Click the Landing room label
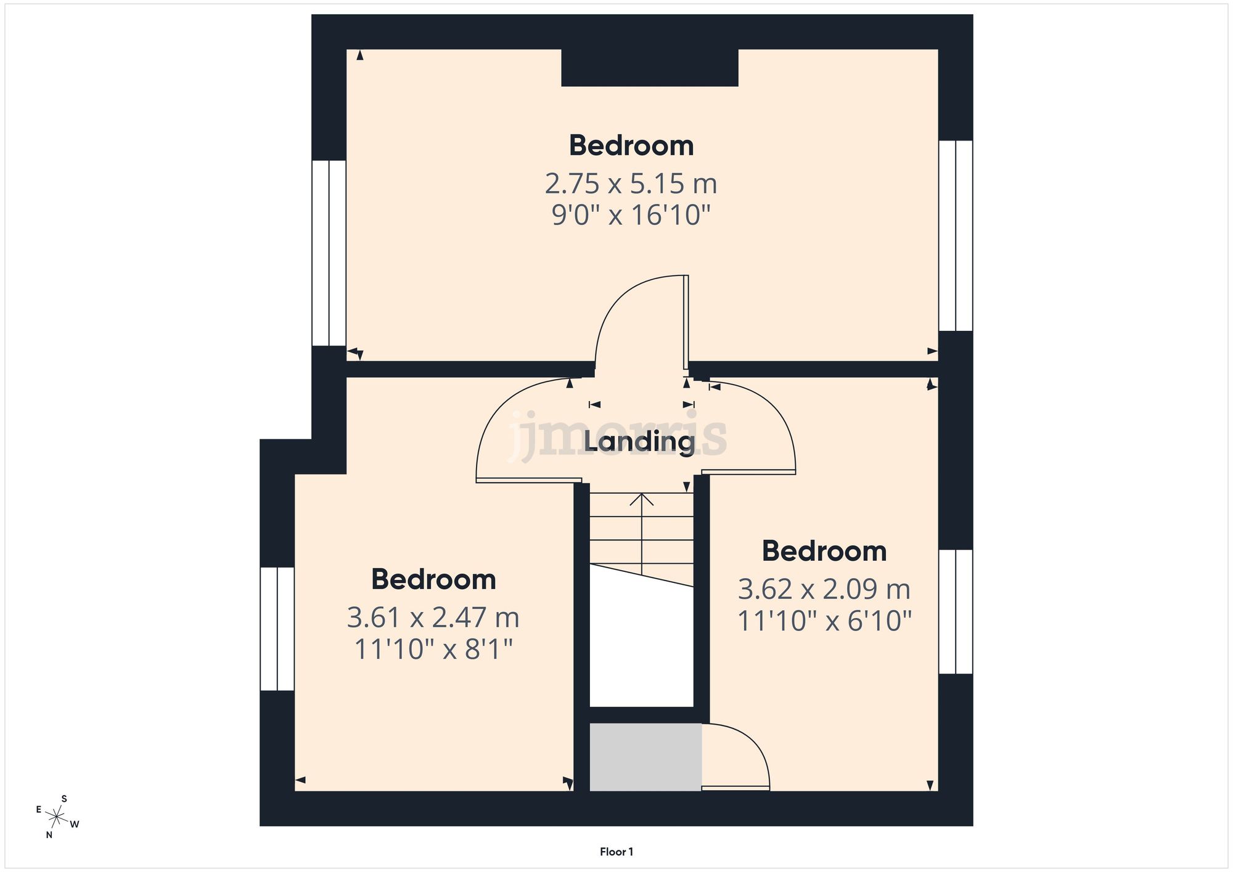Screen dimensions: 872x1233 click(639, 441)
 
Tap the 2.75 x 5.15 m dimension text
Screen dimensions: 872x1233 click(631, 184)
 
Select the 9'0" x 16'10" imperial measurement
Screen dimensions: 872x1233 click(631, 215)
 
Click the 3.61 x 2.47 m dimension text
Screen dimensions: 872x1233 click(433, 617)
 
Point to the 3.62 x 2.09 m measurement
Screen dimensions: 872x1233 click(824, 589)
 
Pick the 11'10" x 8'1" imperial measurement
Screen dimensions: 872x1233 click(433, 649)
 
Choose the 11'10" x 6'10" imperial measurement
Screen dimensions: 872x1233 click(824, 621)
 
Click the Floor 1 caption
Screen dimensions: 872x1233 click(616, 852)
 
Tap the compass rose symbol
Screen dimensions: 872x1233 click(57, 817)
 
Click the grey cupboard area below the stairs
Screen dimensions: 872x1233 click(645, 757)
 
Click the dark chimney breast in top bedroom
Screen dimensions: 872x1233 click(649, 68)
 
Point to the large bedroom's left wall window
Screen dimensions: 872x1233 click(329, 253)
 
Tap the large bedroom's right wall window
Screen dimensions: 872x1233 click(955, 235)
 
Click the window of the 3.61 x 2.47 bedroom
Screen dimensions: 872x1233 click(277, 628)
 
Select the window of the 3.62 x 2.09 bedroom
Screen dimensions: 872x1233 click(955, 611)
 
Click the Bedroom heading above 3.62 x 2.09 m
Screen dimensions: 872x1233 click(824, 551)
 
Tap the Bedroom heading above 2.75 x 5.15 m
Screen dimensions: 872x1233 click(631, 145)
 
